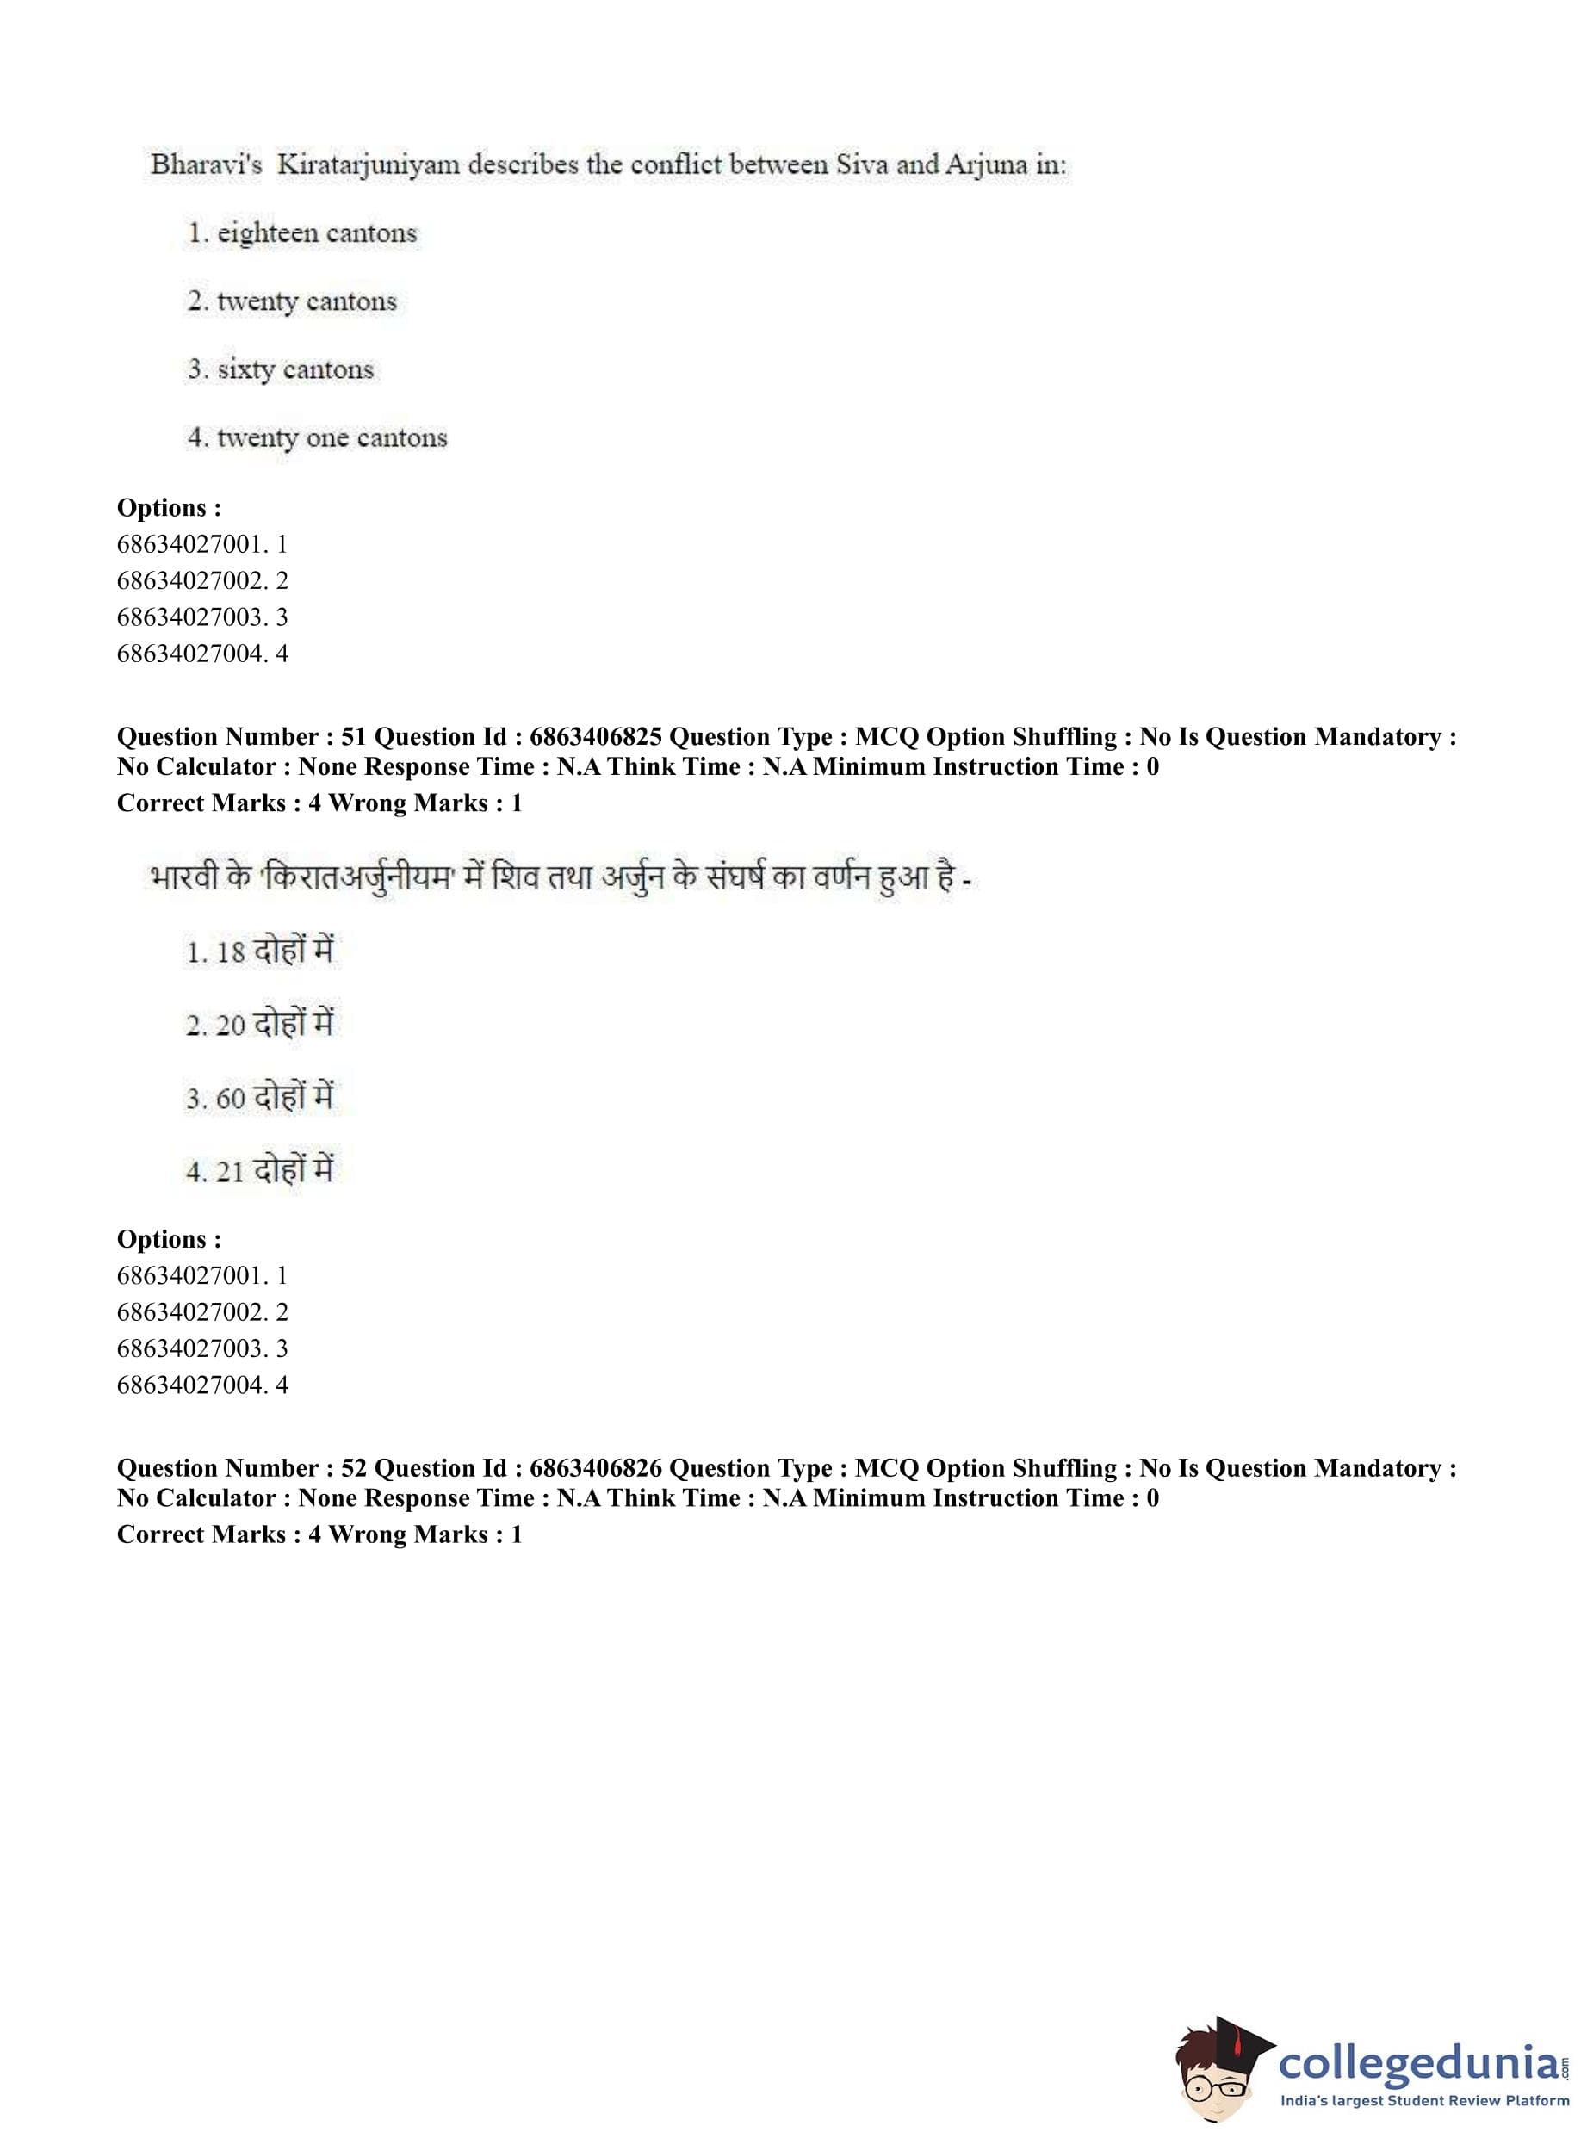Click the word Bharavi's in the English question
206,164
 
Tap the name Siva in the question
862,164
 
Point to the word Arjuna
986,165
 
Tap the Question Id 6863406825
595,737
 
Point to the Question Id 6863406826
595,1468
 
